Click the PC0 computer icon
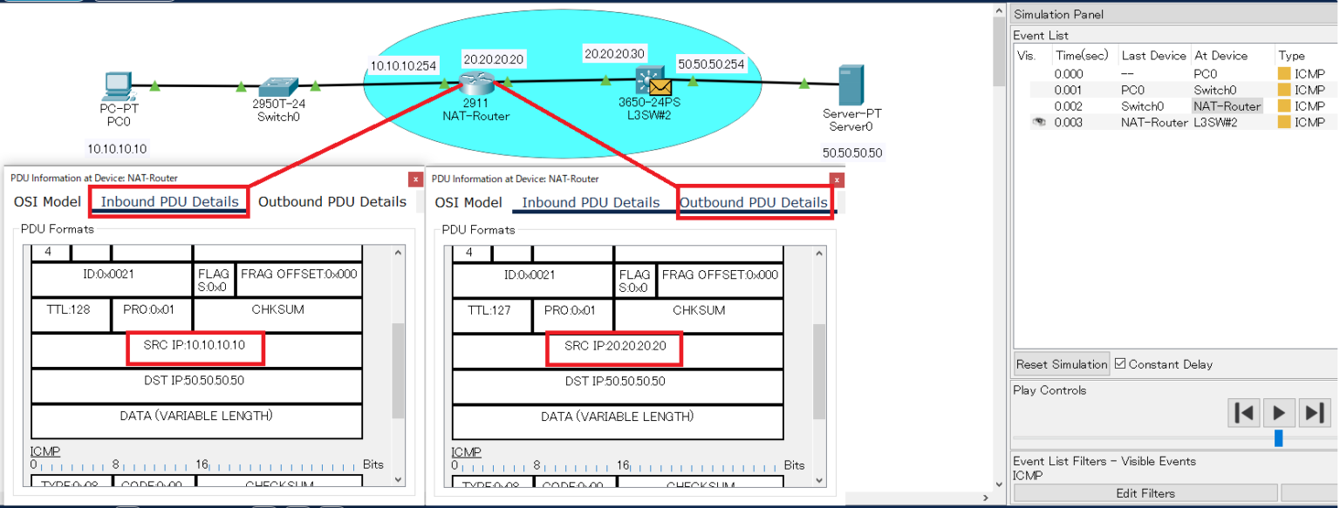click(x=117, y=86)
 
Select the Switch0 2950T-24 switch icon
click(x=279, y=85)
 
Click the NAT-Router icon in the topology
click(x=476, y=82)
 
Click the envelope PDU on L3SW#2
click(x=660, y=87)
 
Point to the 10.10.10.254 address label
click(x=403, y=65)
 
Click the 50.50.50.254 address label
click(x=711, y=65)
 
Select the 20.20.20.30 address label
click(x=614, y=54)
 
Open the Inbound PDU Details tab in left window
click(x=169, y=201)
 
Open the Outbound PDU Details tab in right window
click(x=753, y=202)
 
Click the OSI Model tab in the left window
click(x=47, y=201)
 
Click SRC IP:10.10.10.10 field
click(x=195, y=346)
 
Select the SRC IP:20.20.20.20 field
click(x=615, y=346)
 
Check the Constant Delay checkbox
click(x=1121, y=364)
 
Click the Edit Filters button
click(x=1145, y=493)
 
